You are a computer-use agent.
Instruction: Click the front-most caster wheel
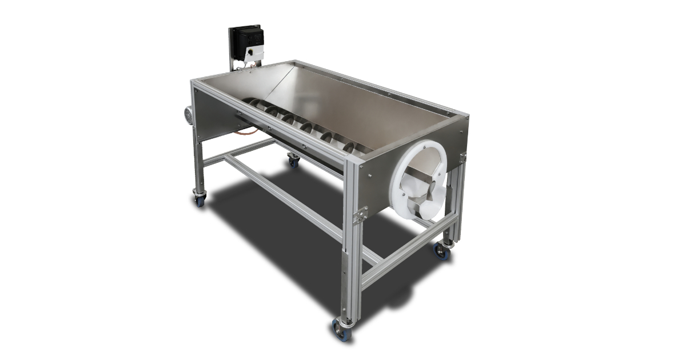[342, 330]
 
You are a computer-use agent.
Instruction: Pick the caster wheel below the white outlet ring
[442, 251]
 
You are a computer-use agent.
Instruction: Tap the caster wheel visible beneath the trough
[293, 161]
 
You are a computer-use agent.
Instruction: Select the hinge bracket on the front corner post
[360, 215]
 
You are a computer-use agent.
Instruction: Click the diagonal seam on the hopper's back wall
[280, 83]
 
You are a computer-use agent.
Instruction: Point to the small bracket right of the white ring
[462, 158]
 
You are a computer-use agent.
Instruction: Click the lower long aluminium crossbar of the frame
[286, 197]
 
